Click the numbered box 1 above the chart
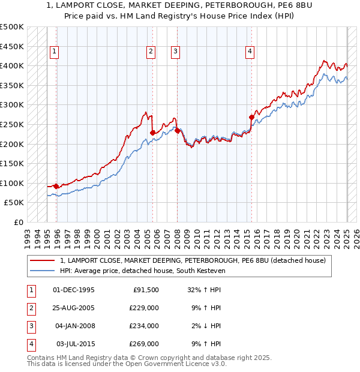point(54,52)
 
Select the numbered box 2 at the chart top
point(151,52)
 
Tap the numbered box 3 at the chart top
point(175,52)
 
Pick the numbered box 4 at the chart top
point(249,52)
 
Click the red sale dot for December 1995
point(56,187)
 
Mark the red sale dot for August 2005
point(152,133)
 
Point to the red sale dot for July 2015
point(251,117)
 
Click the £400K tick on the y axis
point(12,65)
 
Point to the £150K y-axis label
point(12,163)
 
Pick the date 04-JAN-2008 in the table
point(74,326)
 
